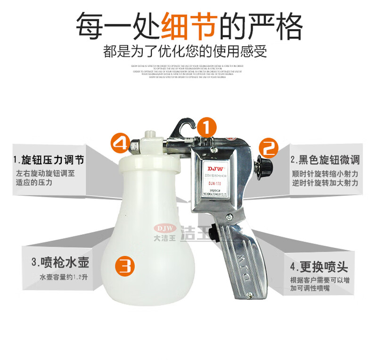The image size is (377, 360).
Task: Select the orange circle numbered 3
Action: pos(125,266)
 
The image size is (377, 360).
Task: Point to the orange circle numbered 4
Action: pos(120,143)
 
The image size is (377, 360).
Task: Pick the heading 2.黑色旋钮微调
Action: pos(324,160)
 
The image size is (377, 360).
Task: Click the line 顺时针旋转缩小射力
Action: pos(325,173)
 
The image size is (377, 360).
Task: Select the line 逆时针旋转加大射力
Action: pos(325,182)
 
